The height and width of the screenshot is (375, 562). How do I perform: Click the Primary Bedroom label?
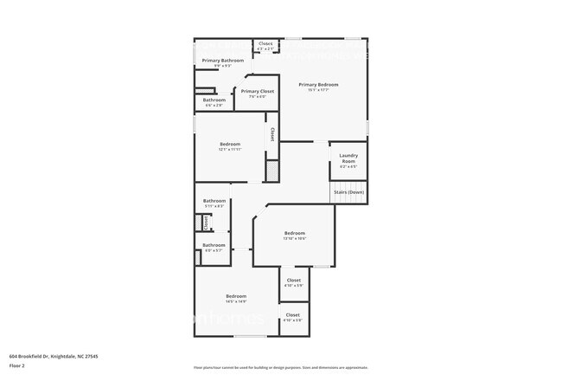pos(318,84)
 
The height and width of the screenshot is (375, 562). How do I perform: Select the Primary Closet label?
pos(258,91)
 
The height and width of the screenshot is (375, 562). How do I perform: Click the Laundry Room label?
pos(348,158)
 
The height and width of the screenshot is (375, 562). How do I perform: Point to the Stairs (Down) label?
pos(349,191)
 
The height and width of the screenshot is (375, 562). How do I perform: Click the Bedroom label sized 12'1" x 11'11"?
pos(229,144)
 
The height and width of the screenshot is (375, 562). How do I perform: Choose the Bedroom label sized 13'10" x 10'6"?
pos(295,233)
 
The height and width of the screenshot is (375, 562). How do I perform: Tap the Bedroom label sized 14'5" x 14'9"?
pos(236,296)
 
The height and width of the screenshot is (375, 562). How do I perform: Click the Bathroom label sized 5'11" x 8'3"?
pos(214,201)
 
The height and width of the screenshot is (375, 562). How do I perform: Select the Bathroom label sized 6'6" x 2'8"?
pos(214,100)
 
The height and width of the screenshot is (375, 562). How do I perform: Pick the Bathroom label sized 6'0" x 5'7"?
pos(214,245)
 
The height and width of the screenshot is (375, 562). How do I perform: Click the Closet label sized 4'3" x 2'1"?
pos(265,43)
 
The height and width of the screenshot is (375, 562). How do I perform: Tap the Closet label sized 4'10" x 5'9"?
pos(294,280)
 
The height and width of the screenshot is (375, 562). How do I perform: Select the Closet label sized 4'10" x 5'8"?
pos(293,315)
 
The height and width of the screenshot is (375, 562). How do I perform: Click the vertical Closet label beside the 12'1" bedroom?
pos(272,134)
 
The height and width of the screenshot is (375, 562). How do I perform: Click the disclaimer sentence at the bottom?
pos(281,367)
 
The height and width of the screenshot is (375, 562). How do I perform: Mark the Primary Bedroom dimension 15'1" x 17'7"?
pos(318,90)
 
